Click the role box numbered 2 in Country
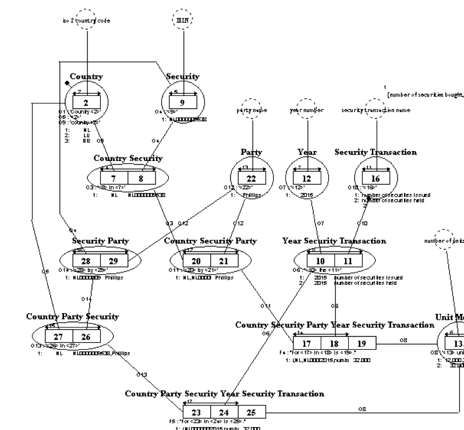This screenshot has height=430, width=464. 86,103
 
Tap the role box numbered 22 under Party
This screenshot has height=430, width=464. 252,178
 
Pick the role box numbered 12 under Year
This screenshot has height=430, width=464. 307,178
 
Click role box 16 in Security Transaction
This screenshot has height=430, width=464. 375,178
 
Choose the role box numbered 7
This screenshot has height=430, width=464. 114,178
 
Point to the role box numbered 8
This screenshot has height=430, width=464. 141,178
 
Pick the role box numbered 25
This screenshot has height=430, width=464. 251,412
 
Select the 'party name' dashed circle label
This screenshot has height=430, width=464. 252,110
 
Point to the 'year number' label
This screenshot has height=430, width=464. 307,110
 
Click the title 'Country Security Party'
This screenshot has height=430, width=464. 210,241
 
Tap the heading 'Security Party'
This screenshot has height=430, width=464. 100,241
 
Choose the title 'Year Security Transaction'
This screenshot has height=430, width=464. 334,241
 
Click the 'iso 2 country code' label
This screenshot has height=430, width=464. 86,20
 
